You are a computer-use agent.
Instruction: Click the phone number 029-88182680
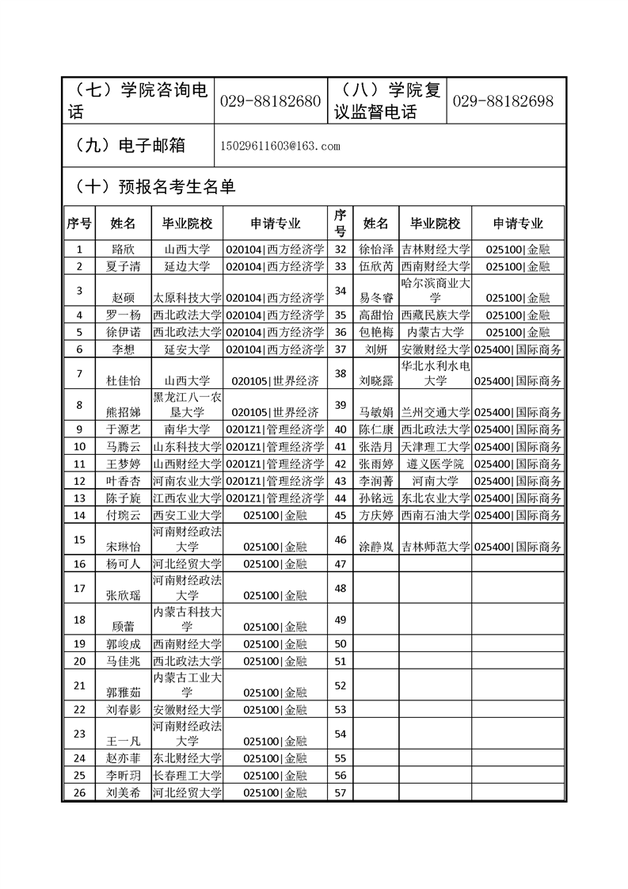269,101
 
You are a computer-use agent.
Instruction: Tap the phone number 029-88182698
503,101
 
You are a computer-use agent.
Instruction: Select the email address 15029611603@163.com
281,147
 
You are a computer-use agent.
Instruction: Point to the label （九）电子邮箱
128,146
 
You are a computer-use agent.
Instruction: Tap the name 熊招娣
124,412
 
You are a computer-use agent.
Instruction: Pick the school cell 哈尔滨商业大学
436,290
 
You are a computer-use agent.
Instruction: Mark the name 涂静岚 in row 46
376,547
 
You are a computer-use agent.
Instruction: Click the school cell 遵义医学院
436,464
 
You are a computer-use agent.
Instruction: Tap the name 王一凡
124,741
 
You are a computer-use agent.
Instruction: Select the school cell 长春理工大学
187,775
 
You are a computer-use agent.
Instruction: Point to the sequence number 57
341,792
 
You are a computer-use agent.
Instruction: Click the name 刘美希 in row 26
124,792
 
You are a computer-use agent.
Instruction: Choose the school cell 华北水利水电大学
436,372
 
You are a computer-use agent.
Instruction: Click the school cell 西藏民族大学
436,315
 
